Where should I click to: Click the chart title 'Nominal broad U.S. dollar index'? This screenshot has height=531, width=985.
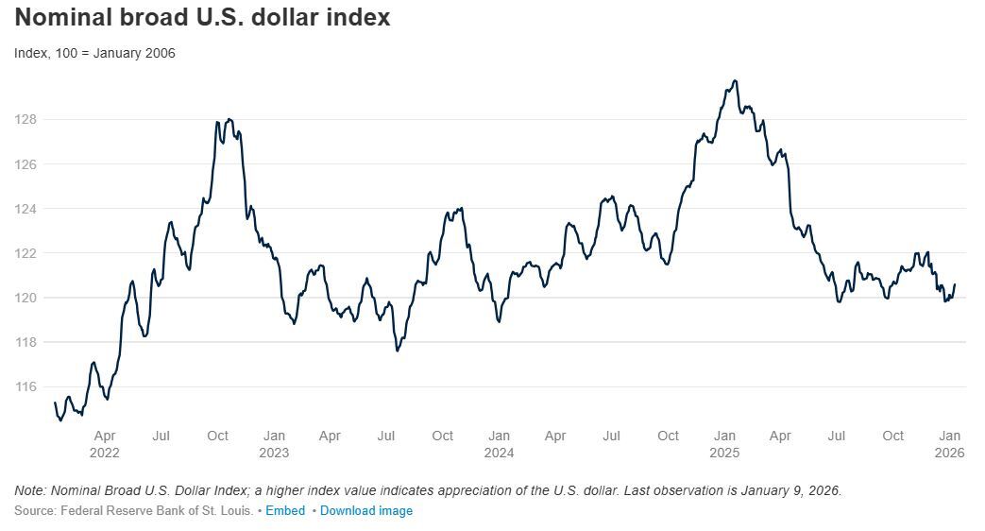[x=202, y=18]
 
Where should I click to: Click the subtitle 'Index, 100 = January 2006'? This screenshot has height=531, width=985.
[x=94, y=53]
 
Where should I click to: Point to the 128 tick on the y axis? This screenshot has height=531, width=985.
[x=25, y=120]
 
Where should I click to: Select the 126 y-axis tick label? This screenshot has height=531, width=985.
[x=25, y=164]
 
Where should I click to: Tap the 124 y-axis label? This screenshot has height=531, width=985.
[x=25, y=209]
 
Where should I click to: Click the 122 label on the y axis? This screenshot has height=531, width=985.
[x=25, y=253]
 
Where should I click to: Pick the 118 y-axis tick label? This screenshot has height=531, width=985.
[x=25, y=342]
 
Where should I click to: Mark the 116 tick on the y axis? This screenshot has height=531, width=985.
[x=25, y=386]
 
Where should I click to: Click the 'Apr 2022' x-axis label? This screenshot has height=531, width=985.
[x=105, y=443]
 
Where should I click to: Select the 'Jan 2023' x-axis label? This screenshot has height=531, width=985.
[x=274, y=443]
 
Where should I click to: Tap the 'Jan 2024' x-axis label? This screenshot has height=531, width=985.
[x=499, y=443]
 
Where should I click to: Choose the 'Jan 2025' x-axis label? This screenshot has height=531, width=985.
[x=724, y=443]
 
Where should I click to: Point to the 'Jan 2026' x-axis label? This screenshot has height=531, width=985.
[x=950, y=443]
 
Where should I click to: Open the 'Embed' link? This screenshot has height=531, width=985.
[x=285, y=511]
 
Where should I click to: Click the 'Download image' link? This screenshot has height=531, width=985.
[x=366, y=511]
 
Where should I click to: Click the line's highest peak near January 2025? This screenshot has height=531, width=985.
[x=735, y=81]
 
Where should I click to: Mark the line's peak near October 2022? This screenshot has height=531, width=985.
[x=229, y=120]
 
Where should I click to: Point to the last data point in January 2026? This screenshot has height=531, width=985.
[x=955, y=284]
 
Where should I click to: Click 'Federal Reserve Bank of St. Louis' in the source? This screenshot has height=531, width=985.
[x=158, y=511]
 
